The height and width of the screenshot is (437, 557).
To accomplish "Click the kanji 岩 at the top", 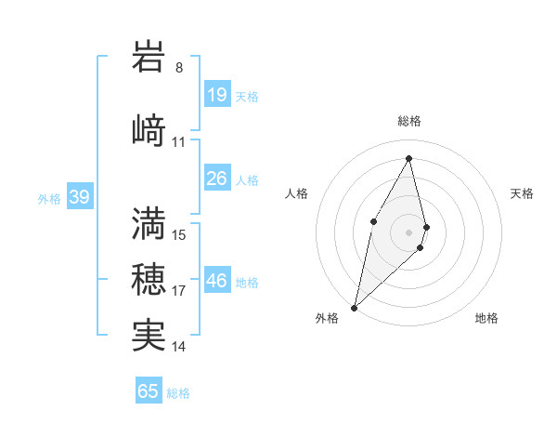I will click(149, 58).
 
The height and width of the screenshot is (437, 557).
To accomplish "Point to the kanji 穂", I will click(149, 279).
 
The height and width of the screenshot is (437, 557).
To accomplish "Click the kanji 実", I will click(149, 335).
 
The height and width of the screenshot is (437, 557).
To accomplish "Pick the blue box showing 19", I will click(217, 95).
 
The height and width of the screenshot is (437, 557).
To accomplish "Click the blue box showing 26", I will click(217, 179).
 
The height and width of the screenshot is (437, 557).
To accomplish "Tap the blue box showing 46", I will click(217, 281).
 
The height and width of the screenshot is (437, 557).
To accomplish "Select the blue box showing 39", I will click(79, 197).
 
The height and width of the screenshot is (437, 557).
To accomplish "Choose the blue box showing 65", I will click(149, 391).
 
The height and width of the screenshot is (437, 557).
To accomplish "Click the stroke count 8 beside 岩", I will click(179, 68).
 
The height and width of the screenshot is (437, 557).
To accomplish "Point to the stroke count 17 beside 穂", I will click(179, 291).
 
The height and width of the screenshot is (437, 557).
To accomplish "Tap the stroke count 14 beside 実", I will click(179, 347).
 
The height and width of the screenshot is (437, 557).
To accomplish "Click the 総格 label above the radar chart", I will click(409, 121).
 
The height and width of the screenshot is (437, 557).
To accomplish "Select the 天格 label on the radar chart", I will click(522, 193).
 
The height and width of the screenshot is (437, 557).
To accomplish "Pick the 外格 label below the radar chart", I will click(327, 319).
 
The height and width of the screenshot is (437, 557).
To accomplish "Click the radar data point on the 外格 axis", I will click(354, 307).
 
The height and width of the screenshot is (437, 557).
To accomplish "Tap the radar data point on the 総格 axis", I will click(409, 158).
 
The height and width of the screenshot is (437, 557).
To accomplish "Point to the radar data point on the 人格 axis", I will click(373, 220).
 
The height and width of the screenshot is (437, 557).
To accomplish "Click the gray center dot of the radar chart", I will click(409, 232).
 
